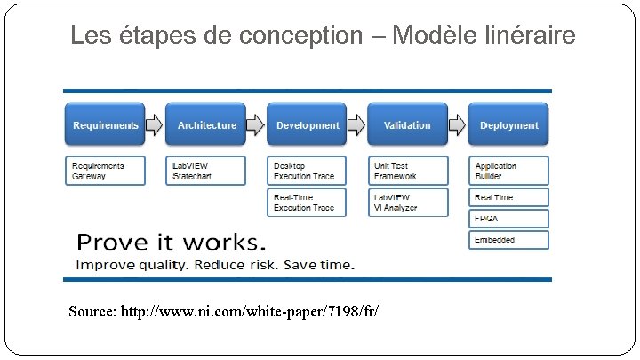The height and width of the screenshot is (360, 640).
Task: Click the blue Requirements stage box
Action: [106, 125]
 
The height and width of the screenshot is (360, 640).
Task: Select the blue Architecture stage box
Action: [207, 125]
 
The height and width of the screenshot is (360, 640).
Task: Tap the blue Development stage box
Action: [308, 125]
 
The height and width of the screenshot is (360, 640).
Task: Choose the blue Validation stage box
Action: [407, 125]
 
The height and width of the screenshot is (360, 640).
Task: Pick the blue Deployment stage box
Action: [509, 125]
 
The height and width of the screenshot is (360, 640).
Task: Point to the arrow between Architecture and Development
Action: [256, 125]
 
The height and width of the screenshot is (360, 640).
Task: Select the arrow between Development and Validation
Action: [356, 125]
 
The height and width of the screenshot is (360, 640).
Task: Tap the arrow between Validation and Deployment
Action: [457, 125]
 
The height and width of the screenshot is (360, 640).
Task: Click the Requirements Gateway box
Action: [106, 171]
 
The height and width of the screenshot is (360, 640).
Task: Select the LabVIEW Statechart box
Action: [207, 171]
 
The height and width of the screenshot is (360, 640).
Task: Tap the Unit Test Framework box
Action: [406, 171]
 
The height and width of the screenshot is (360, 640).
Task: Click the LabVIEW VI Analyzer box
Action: [406, 203]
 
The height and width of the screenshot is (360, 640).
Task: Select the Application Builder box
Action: [509, 171]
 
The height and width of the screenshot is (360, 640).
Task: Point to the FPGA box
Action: [509, 219]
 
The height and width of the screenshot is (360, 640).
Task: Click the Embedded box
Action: [509, 240]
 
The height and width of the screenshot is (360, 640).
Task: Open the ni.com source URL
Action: [253, 312]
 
